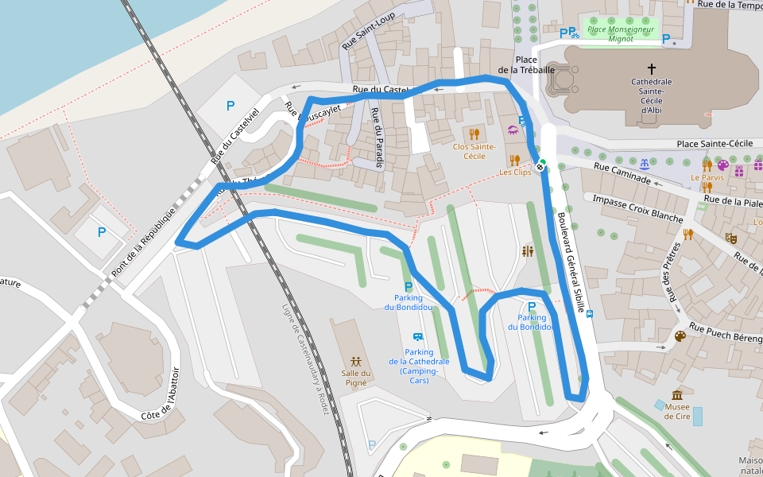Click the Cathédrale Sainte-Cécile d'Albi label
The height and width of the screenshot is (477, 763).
[x=651, y=95]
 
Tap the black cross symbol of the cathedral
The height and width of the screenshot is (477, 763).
[x=652, y=69]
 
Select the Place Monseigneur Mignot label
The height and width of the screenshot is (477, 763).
[x=620, y=33]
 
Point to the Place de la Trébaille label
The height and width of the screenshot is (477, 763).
[x=526, y=64]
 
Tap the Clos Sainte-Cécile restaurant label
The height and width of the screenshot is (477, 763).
[x=474, y=151]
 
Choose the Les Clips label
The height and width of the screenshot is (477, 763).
[x=515, y=172]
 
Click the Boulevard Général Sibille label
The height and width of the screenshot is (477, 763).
[x=571, y=254]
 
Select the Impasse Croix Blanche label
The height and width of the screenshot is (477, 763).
[x=638, y=207]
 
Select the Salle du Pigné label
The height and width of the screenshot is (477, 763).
[x=355, y=378]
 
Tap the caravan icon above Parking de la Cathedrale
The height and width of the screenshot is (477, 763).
[x=418, y=336]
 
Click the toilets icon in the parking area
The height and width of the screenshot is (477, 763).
[x=529, y=251]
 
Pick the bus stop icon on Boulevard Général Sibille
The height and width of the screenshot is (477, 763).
[x=590, y=313]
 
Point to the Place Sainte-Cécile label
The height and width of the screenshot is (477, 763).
[x=715, y=143]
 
